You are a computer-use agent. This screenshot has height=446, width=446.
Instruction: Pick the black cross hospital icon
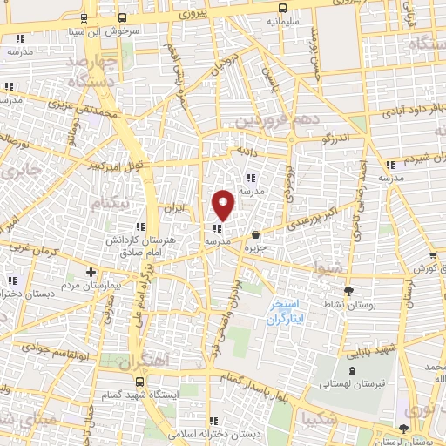point(91,273)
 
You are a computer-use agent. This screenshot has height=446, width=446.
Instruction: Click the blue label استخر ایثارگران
point(287,312)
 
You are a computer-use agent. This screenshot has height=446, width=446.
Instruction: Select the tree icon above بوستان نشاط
point(350,291)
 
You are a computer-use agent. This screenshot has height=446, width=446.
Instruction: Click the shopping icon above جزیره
point(255,235)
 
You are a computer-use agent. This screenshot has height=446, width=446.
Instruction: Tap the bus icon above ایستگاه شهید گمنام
point(142,381)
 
